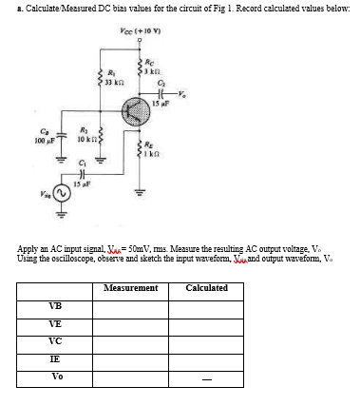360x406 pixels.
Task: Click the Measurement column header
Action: (x=129, y=287)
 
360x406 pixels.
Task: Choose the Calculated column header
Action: (x=206, y=287)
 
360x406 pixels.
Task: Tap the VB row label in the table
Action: (x=56, y=305)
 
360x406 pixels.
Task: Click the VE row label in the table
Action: (x=56, y=324)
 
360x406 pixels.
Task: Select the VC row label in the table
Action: (x=56, y=340)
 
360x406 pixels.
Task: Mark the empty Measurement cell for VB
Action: (x=129, y=306)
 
